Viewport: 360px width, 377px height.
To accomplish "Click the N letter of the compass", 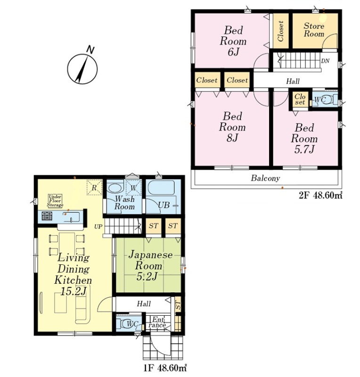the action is pos(90,49).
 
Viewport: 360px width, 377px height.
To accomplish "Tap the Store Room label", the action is pos(314,29).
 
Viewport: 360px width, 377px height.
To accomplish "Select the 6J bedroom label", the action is pos(233,41).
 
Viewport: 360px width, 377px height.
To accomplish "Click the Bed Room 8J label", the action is pos(232,127).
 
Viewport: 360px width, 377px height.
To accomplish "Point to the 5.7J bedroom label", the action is pos(304,138).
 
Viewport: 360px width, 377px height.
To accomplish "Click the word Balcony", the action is pos(265,178).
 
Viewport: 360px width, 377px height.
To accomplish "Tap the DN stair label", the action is pos(326,61).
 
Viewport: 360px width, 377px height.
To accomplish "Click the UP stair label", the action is pos(98,227).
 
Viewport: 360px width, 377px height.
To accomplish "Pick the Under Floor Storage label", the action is pos(55,201).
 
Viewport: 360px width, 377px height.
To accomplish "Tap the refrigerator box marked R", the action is pos(94,187).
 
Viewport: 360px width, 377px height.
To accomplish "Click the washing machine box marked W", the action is pos(133,187).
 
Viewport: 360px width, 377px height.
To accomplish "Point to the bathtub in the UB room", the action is pos(163,187).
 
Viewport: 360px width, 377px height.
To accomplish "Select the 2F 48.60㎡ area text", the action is pos(320,196).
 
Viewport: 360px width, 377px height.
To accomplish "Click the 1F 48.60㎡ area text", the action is pos(165,368).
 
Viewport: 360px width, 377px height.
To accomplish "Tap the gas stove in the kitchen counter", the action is pos(47,216).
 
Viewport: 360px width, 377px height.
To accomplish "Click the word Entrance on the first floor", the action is pos(157,322).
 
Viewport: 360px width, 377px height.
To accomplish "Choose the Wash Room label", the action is pos(124,203).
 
